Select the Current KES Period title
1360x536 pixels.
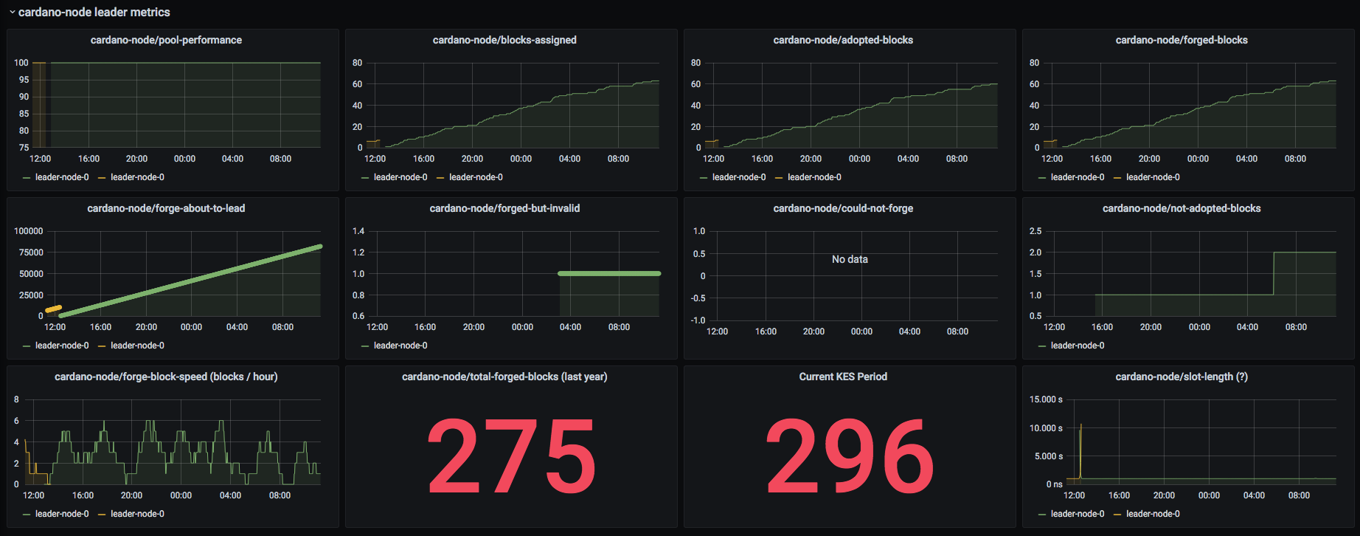point(843,377)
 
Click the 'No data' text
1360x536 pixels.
point(850,259)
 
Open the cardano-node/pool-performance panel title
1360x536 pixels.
point(166,40)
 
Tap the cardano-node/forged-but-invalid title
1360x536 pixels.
point(504,208)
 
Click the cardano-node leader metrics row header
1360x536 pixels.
point(94,12)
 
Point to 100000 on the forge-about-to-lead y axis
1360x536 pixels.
point(29,231)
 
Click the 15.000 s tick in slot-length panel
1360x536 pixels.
point(1046,399)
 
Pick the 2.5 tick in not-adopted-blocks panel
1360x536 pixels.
point(1035,231)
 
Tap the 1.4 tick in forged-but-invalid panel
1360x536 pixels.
point(358,231)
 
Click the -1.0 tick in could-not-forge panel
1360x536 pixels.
point(698,320)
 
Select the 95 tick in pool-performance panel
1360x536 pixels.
point(24,80)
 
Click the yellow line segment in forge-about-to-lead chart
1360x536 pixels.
point(53,309)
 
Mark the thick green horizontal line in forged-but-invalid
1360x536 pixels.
point(609,274)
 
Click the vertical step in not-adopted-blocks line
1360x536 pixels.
point(1274,274)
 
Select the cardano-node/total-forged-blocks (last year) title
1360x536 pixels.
point(504,377)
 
